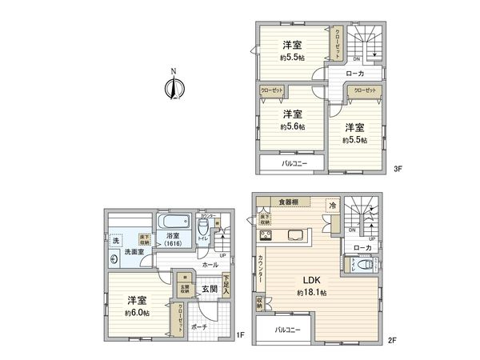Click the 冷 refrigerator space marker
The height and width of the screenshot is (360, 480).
(331, 205)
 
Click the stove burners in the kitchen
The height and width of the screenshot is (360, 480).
(266, 235)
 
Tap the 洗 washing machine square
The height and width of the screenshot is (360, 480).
(115, 239)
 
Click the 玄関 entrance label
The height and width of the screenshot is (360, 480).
(209, 288)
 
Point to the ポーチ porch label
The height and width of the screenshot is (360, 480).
(199, 326)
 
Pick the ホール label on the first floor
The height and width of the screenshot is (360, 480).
(210, 264)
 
